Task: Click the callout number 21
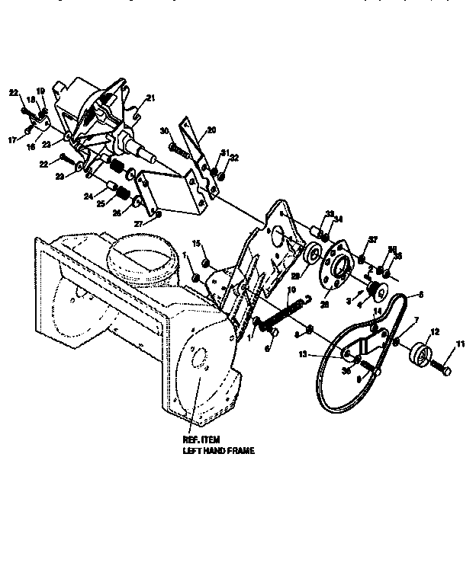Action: [150, 97]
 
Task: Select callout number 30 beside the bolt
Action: [163, 130]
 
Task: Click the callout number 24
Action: [88, 197]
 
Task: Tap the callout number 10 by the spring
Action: [291, 290]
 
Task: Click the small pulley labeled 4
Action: [375, 289]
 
